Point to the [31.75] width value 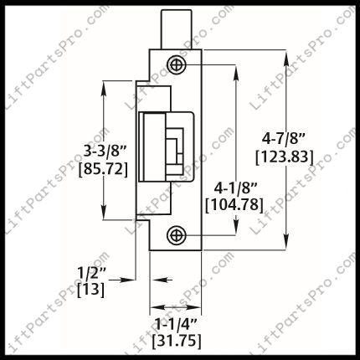(175, 340)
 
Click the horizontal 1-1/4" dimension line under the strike (174, 305)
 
